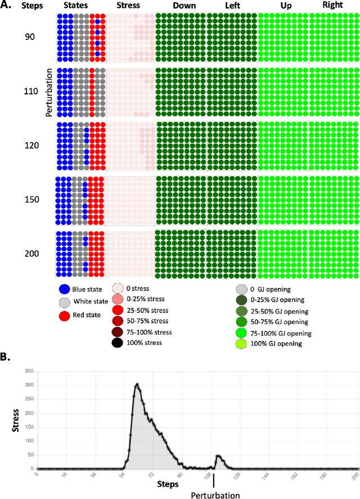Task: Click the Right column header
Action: coord(334,5)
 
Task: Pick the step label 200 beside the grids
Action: coord(31,254)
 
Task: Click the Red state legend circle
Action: coord(65,314)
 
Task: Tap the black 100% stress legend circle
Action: coord(118,343)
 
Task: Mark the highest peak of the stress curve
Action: coord(137,385)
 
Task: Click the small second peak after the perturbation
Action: coord(218,456)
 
